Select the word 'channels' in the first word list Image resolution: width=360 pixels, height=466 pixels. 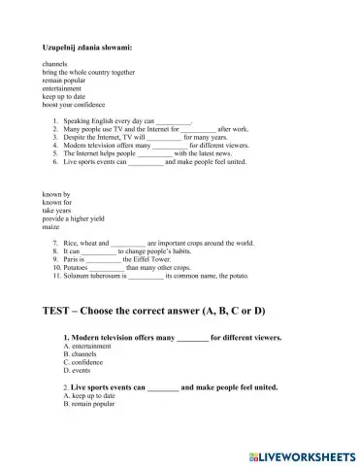pos(56,64)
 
